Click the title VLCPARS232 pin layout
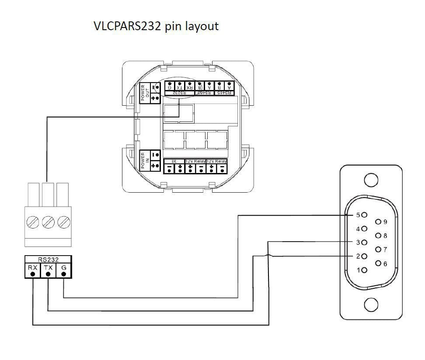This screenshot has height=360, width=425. coord(156,26)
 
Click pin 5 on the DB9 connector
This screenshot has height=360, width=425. coord(364,215)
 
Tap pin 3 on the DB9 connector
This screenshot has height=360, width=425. coord(364,242)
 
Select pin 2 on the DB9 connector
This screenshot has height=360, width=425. coord(364,256)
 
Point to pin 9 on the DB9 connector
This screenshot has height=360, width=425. coord(378,222)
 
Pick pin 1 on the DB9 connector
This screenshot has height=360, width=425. coord(364,270)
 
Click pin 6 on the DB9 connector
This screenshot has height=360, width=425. coord(378,263)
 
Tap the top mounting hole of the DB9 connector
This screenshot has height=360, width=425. coord(371,180)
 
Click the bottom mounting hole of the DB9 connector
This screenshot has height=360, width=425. coord(371,305)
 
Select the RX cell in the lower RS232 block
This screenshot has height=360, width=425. coord(32,270)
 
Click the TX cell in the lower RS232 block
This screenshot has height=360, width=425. coord(48,270)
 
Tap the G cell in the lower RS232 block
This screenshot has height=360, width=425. coord(64,270)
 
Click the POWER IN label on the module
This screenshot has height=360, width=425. coord(144,161)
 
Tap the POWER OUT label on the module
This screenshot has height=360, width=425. coord(144,92)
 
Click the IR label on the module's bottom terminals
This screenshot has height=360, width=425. coord(174,161)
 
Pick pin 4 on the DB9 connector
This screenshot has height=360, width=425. coord(364,228)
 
